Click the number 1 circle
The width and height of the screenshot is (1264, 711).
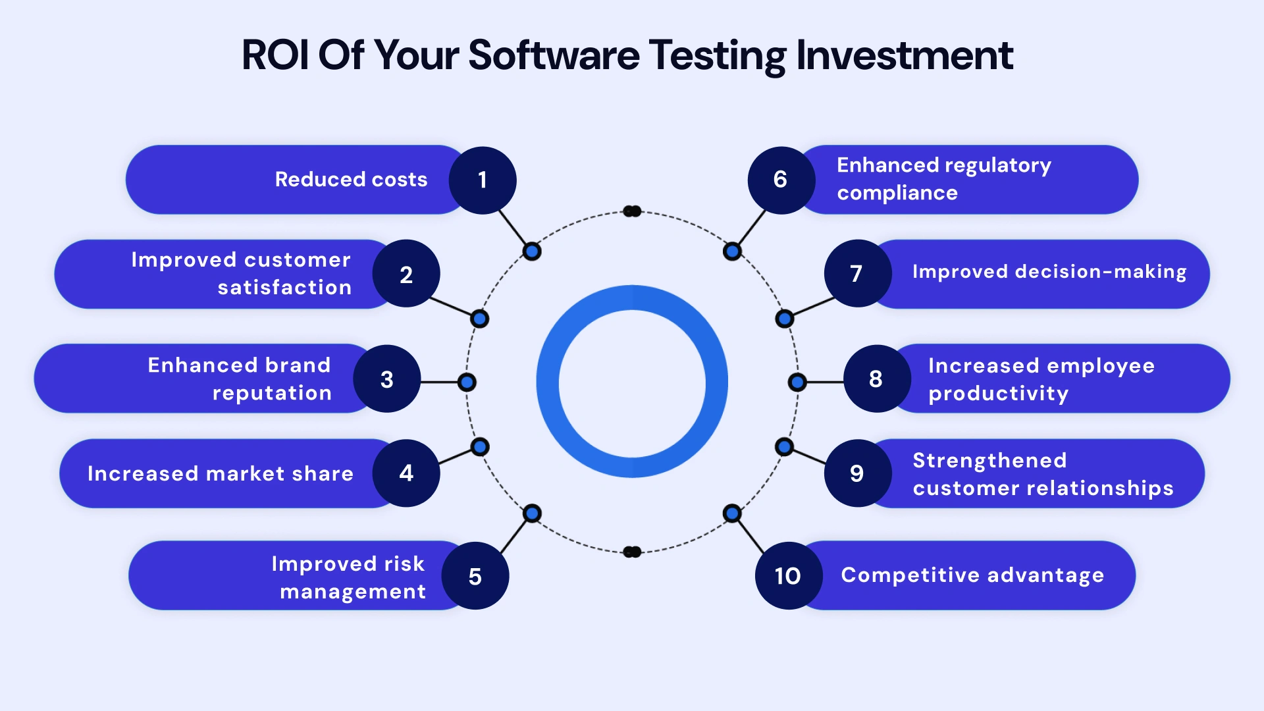(483, 180)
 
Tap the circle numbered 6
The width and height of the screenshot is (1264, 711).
(781, 180)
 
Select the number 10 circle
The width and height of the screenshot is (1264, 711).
(788, 576)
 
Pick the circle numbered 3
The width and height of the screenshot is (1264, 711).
(387, 379)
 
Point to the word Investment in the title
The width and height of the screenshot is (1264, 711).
(905, 55)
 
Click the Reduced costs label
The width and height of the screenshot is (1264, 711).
(351, 180)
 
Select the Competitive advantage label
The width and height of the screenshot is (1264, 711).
(972, 575)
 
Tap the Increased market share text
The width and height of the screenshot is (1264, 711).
(221, 473)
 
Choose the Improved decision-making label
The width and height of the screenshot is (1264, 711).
(1049, 272)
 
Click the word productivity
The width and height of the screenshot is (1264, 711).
(998, 394)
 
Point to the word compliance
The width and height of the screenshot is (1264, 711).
(897, 193)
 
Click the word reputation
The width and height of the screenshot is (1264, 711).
(272, 393)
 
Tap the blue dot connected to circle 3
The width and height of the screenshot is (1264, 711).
(467, 382)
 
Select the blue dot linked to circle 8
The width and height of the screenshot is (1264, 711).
(797, 382)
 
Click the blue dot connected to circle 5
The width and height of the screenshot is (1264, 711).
(532, 513)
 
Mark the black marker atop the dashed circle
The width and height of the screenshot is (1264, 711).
(632, 211)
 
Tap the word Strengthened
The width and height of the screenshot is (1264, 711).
(989, 460)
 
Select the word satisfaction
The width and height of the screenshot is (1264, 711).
(284, 288)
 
